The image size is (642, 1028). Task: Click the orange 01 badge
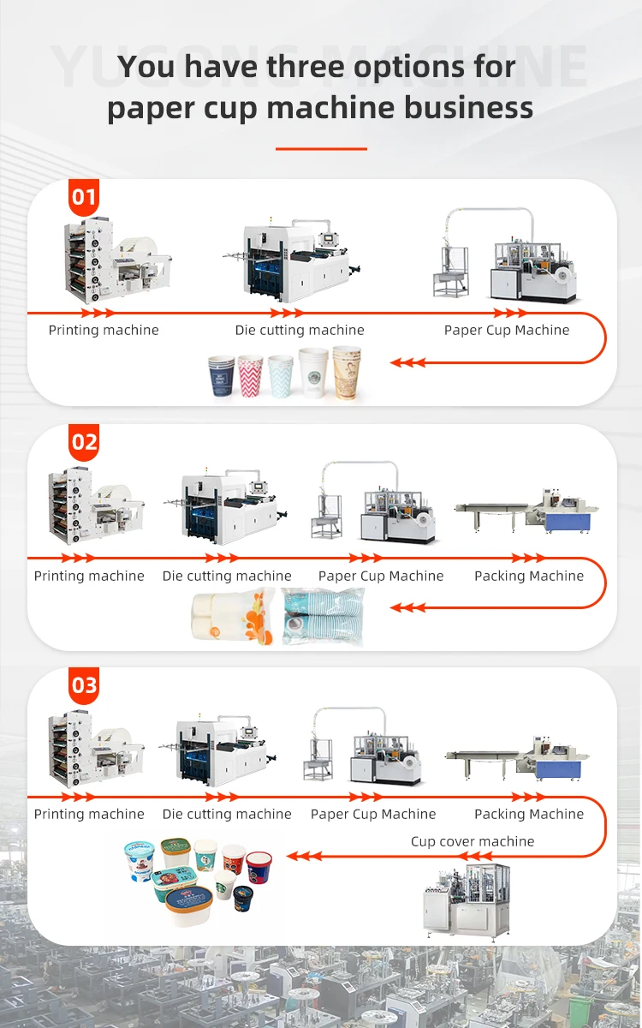pyautogui.click(x=84, y=198)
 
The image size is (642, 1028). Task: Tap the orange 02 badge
pyautogui.click(x=84, y=442)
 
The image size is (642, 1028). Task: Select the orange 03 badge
pyautogui.click(x=84, y=685)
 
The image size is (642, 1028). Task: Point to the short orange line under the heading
pyautogui.click(x=321, y=148)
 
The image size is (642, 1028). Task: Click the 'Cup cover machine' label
pyautogui.click(x=473, y=841)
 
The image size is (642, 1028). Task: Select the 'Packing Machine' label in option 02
pyautogui.click(x=529, y=576)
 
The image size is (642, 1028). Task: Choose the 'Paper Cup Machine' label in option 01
pyautogui.click(x=507, y=330)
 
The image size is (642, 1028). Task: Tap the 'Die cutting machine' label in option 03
pyautogui.click(x=227, y=814)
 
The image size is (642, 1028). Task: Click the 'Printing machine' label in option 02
pyautogui.click(x=89, y=576)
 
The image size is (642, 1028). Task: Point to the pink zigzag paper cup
pyautogui.click(x=251, y=378)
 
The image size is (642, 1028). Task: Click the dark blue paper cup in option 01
pyautogui.click(x=222, y=377)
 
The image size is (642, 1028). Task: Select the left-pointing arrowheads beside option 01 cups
pyautogui.click(x=408, y=362)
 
